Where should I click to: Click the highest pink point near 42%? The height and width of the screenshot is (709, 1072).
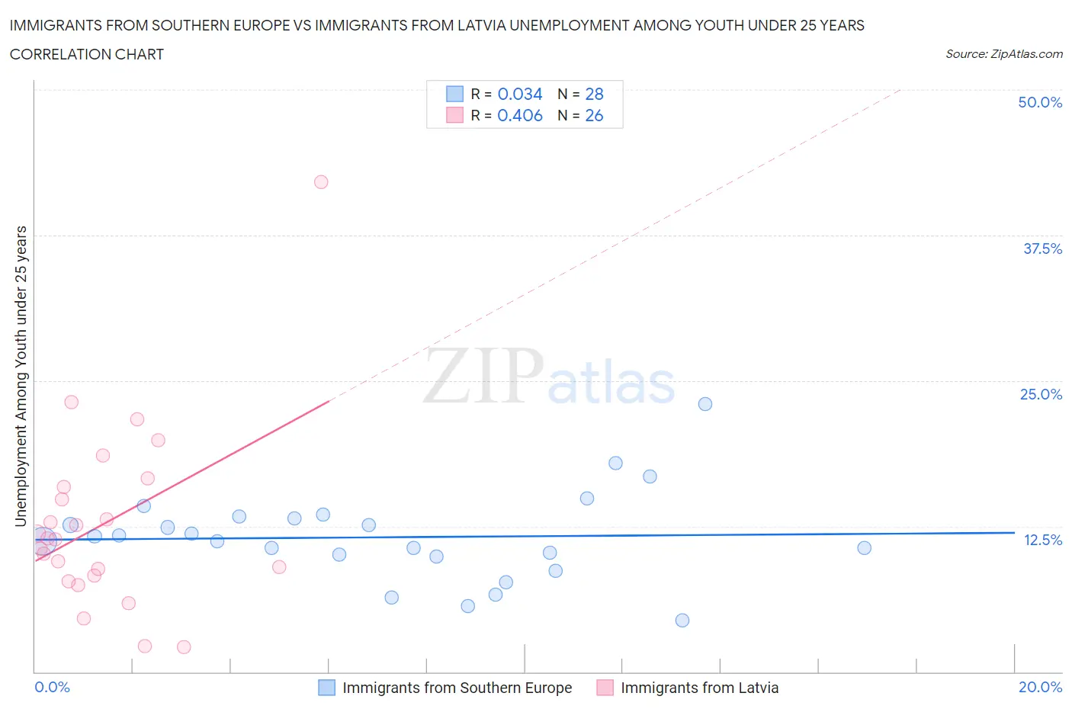point(321,182)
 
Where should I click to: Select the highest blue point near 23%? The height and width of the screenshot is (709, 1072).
point(705,404)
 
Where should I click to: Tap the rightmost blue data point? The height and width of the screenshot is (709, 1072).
point(864,548)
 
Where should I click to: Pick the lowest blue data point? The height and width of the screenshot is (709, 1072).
point(682,621)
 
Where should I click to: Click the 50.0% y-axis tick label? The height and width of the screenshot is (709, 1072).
point(1040,102)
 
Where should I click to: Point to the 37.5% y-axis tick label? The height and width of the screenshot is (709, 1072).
point(1042,249)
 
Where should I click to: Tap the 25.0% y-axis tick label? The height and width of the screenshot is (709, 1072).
point(1041,394)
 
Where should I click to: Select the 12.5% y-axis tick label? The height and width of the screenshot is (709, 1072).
point(1042,540)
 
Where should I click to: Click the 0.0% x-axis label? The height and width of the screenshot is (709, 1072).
point(52,687)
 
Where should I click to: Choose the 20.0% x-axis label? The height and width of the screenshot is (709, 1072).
point(1040,687)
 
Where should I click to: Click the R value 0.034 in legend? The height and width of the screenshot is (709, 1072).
point(520,94)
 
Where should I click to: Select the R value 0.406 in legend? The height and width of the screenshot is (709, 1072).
point(520,115)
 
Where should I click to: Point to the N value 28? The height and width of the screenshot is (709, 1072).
point(594,94)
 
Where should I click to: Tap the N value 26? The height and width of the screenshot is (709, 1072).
point(594,115)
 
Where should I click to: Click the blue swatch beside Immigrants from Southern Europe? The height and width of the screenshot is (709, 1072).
point(326,688)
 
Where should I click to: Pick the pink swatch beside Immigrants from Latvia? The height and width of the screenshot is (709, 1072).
point(605,688)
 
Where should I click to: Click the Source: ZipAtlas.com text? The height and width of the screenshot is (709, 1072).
point(1003,54)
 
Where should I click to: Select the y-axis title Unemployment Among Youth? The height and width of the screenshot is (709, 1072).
point(21,376)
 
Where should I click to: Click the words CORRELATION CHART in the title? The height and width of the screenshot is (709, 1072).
point(87,54)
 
